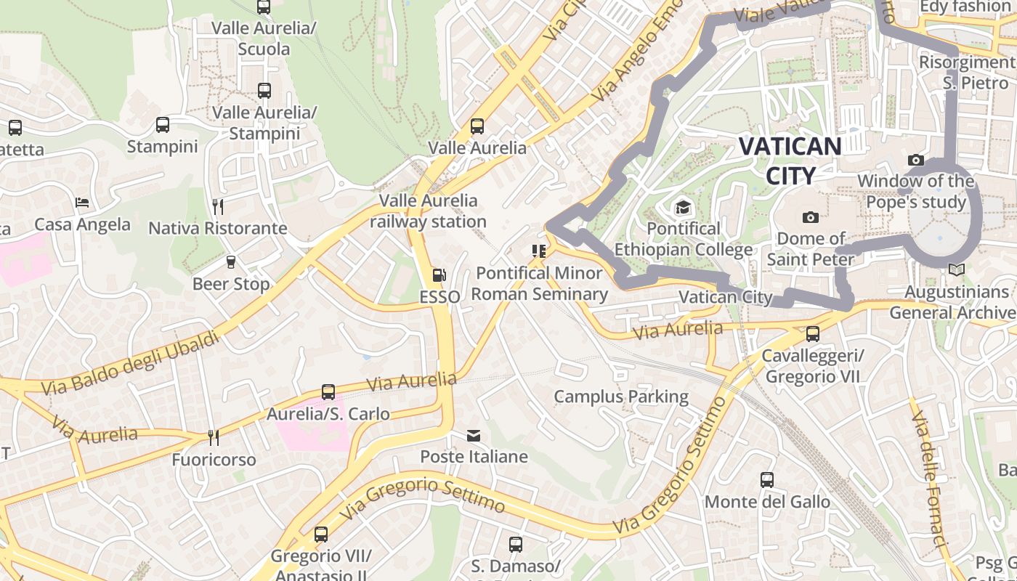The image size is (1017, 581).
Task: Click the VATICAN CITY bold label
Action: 790,160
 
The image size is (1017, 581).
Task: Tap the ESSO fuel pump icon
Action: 439,275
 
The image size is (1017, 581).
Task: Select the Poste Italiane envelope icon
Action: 474,436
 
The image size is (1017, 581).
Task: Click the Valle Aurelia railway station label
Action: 428,211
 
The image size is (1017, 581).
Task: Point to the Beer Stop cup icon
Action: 231,262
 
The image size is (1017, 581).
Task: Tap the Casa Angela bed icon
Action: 82,202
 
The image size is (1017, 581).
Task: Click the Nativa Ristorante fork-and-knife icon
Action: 217,206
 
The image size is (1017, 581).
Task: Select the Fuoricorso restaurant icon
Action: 214,437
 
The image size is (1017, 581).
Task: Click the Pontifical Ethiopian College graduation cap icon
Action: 682,208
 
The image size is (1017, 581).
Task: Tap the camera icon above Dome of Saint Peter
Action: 811,217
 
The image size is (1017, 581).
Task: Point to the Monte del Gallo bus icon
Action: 767,480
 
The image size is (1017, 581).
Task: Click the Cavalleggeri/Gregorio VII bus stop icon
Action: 813,334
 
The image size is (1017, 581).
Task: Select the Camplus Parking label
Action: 621,397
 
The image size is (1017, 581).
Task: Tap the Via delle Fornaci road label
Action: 929,479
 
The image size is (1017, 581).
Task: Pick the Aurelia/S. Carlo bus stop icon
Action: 328,392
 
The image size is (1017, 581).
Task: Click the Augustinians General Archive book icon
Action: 957,270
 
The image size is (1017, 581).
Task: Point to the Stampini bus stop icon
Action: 163,125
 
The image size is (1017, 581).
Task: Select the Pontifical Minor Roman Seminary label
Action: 540,283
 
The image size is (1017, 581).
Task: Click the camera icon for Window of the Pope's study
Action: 916,160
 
